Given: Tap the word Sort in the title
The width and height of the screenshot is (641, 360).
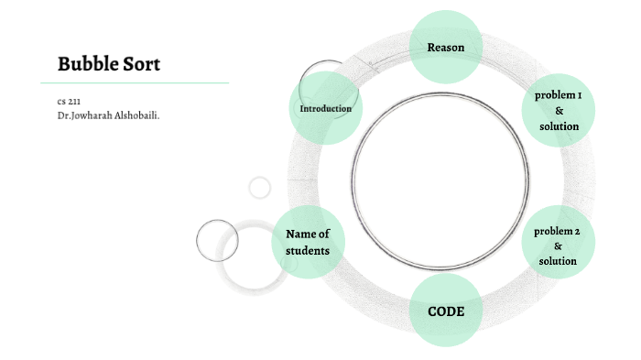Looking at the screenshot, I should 141,64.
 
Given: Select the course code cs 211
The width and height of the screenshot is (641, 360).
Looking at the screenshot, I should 69,102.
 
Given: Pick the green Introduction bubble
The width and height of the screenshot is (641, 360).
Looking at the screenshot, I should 325,108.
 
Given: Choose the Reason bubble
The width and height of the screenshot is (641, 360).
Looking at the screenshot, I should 445,47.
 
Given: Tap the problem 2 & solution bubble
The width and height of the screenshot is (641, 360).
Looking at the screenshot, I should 558,245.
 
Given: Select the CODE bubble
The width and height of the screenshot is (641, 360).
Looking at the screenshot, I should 446,311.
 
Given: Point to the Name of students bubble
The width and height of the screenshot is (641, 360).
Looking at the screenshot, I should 308,242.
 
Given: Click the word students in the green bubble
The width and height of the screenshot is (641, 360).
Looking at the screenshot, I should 308,250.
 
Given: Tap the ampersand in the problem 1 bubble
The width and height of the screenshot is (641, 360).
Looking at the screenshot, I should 559,110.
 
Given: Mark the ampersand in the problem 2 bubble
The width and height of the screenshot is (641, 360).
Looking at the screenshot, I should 558,246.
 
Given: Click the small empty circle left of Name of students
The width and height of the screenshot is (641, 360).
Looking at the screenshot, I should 217,241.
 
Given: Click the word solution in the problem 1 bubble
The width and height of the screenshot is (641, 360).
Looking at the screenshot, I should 559,125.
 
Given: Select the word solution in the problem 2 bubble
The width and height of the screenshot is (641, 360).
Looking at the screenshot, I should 558,261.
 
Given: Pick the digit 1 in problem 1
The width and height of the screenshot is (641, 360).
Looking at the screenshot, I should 579,95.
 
